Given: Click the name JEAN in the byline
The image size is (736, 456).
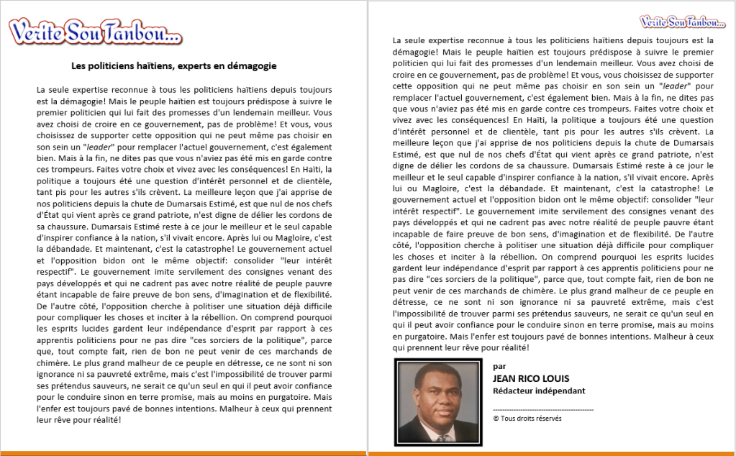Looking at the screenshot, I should (506, 378).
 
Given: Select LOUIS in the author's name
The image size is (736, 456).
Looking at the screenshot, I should (554, 378).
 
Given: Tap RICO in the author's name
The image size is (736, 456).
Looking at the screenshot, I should (531, 378).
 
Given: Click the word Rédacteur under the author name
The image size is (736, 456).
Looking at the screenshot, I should (515, 391).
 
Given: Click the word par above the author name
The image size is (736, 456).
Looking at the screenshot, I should (499, 366).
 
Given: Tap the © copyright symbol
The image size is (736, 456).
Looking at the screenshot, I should (496, 419).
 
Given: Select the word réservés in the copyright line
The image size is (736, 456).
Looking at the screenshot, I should (547, 419).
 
